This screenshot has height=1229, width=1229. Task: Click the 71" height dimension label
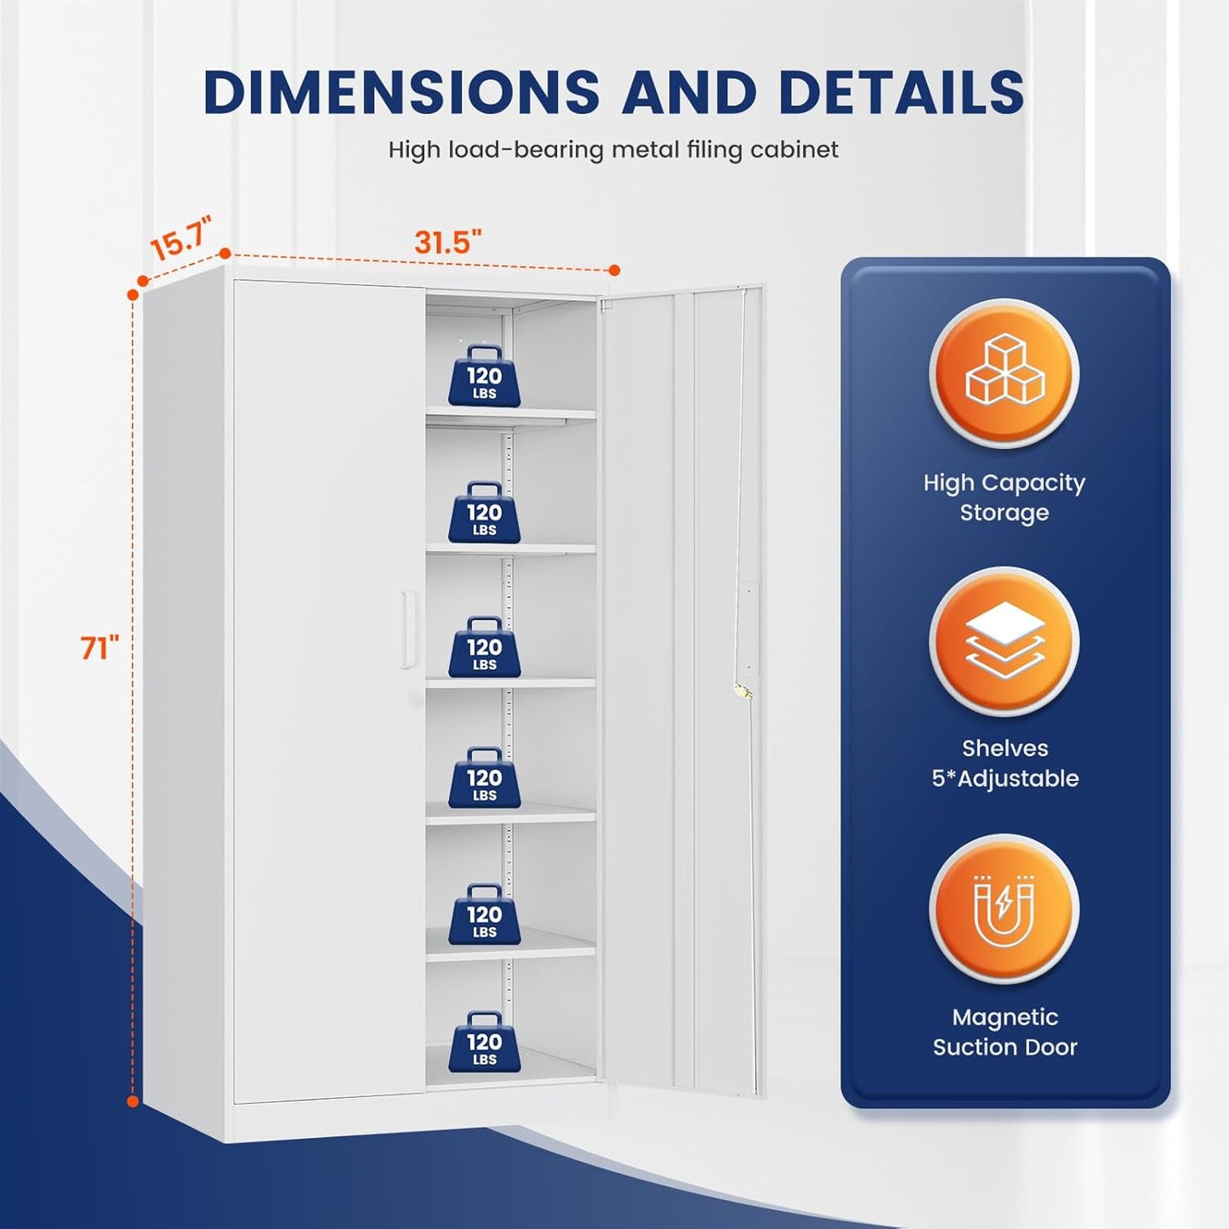point(100,648)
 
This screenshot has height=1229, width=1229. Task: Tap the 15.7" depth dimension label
point(180,238)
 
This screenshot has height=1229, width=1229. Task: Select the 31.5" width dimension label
point(448,242)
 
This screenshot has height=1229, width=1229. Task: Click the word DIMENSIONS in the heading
point(401,92)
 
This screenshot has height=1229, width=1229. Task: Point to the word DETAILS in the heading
point(901,92)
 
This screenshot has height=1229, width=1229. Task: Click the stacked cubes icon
point(1004,372)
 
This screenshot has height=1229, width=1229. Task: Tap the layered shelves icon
point(1004,640)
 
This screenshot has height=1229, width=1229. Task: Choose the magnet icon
point(1004,910)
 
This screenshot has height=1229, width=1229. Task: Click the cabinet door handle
point(410,629)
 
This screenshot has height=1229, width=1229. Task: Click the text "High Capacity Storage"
point(1004,498)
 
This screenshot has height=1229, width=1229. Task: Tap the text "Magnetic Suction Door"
point(1004,1032)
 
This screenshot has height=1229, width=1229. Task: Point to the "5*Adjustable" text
point(1005,778)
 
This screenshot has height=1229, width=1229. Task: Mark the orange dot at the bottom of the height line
point(133,1101)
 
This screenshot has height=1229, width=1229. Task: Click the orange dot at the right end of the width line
point(614,270)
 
